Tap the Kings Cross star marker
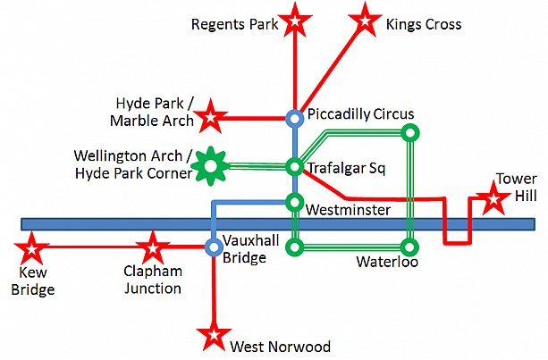point(364,18)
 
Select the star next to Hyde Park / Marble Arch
point(211,116)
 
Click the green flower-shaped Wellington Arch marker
point(211,165)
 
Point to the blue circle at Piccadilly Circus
point(294,117)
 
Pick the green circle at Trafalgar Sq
point(294,167)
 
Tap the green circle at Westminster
point(294,202)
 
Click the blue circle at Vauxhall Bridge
point(214,246)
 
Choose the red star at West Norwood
point(214,337)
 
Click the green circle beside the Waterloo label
point(409,246)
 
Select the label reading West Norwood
point(280,347)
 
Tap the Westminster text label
point(348,211)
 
